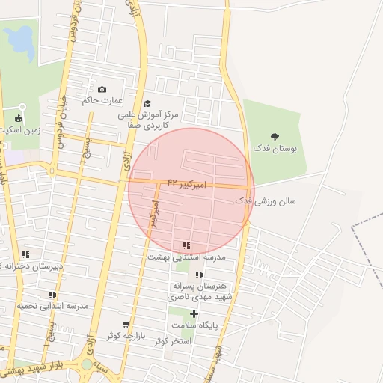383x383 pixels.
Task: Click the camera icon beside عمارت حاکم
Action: (102, 90)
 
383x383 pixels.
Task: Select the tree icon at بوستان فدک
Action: (275, 137)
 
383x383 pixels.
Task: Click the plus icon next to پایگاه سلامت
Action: (194, 313)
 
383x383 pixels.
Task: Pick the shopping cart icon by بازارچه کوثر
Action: (126, 325)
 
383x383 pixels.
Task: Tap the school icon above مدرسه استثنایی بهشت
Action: (186, 245)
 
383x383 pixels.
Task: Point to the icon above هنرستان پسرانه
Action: (199, 275)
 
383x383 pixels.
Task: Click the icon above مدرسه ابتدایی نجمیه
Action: (52, 295)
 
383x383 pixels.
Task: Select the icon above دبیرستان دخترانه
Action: (26, 254)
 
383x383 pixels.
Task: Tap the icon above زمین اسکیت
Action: (18, 117)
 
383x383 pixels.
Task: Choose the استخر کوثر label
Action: (173, 341)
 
